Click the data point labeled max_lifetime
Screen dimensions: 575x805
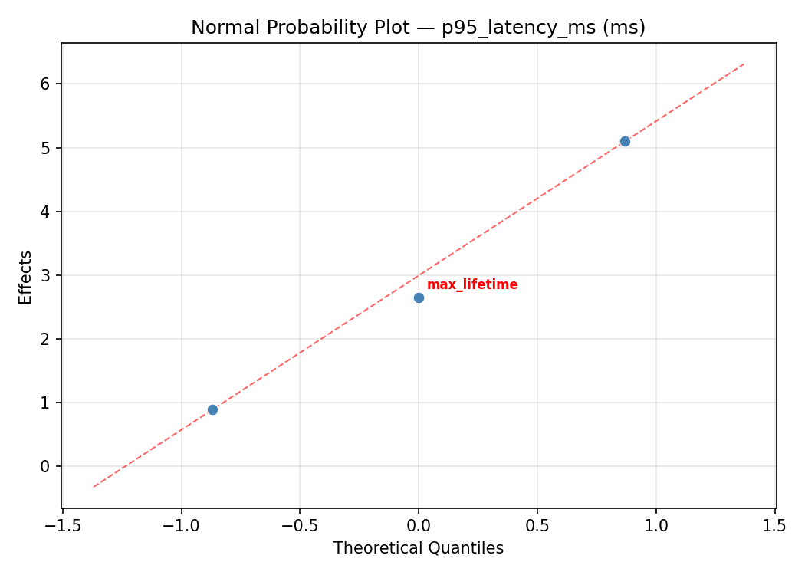(419, 297)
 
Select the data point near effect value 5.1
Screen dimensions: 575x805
(625, 141)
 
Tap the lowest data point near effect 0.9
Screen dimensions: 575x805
(212, 409)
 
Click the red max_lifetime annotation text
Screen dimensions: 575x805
(472, 285)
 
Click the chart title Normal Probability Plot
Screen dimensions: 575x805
(418, 28)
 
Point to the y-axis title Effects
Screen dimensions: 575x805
(26, 277)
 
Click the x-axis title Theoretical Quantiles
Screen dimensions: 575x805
(418, 548)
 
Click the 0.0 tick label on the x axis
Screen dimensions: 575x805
(419, 525)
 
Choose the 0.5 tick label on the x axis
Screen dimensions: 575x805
(537, 525)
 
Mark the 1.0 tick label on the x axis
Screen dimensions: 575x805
(655, 525)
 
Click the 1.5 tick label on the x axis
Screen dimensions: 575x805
(774, 525)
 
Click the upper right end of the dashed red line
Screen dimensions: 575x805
(744, 64)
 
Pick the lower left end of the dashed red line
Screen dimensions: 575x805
(94, 487)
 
